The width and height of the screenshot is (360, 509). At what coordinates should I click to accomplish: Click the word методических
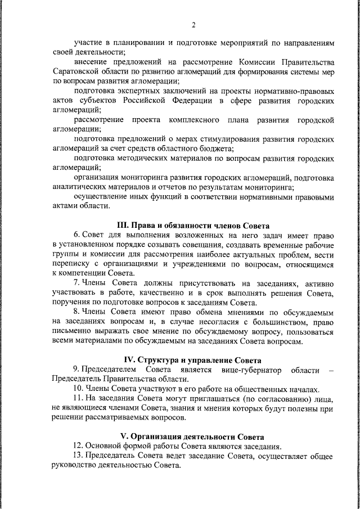point(141,159)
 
